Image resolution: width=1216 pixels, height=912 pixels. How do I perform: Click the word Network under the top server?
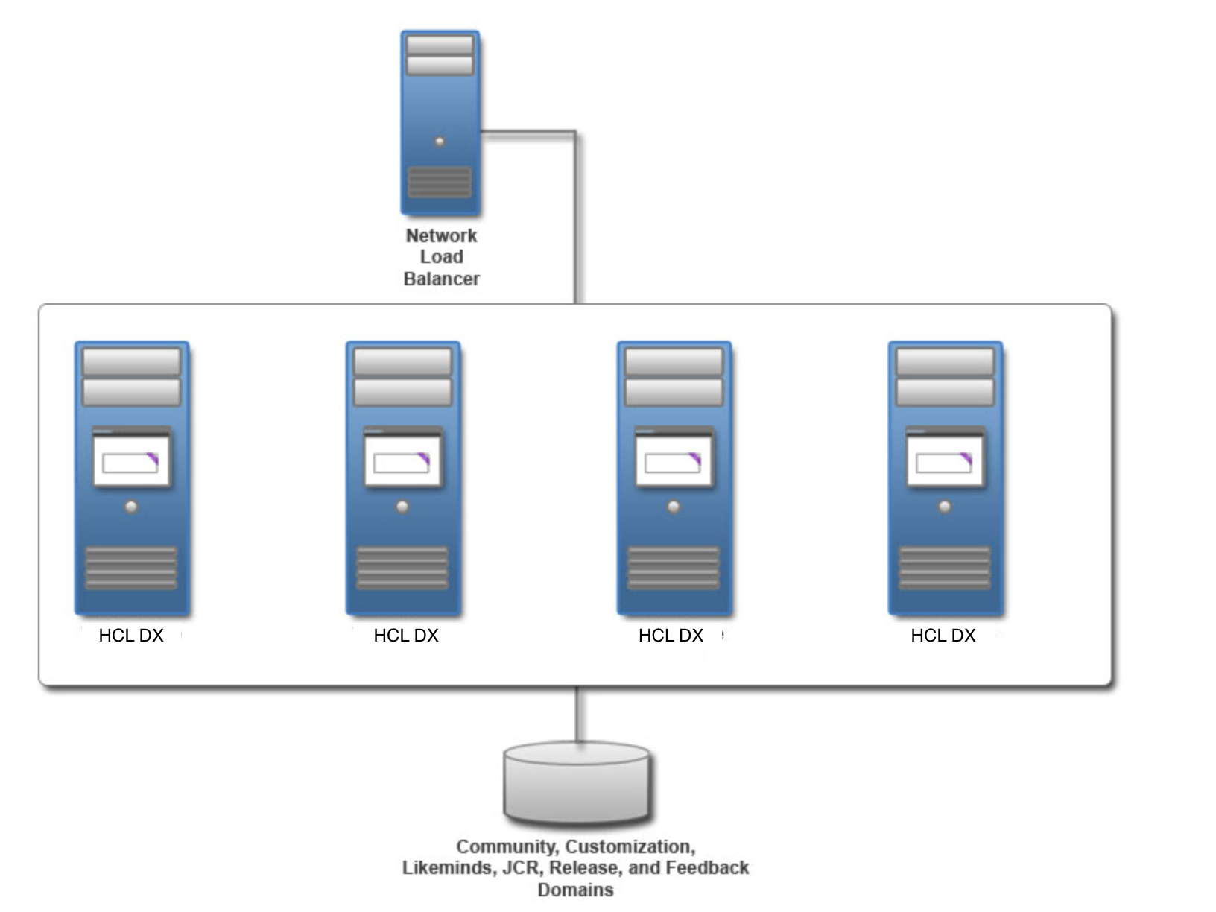(441, 235)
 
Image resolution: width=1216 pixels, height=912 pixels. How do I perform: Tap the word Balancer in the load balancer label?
(442, 279)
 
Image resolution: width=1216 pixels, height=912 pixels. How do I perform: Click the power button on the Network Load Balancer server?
(440, 142)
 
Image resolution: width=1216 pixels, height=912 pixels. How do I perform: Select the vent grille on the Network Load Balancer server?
(440, 183)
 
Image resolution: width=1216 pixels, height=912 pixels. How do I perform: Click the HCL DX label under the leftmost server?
(131, 635)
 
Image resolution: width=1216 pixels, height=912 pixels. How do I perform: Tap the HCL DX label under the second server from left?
(406, 635)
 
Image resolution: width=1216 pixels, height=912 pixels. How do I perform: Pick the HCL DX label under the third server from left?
(671, 635)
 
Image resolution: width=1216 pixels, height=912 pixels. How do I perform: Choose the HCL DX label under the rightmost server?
(943, 635)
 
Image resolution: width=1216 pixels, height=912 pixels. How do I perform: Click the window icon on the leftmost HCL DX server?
(131, 457)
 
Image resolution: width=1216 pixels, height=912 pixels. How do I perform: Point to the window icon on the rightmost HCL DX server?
(945, 457)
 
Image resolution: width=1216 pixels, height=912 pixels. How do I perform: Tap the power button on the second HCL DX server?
(403, 507)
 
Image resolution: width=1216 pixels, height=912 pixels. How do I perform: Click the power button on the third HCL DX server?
(674, 507)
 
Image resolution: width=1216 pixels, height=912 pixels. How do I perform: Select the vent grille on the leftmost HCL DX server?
(131, 568)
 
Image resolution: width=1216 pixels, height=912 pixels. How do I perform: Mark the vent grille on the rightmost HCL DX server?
(945, 568)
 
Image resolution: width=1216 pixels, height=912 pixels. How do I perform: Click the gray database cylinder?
(577, 782)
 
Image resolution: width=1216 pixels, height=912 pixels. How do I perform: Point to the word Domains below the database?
(576, 890)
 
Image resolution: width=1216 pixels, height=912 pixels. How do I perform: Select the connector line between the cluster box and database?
(577, 715)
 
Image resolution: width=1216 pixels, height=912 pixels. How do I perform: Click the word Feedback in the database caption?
(707, 868)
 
